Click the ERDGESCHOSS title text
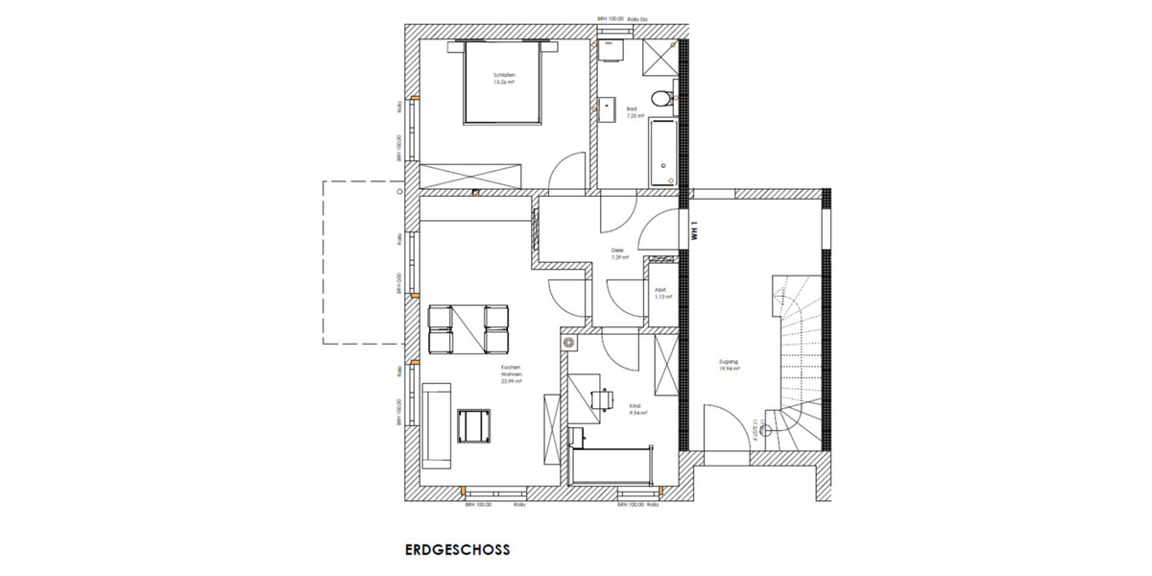pyautogui.click(x=457, y=551)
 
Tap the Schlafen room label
pyautogui.click(x=504, y=77)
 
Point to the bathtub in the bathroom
pyautogui.click(x=662, y=153)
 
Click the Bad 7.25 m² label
pyautogui.click(x=633, y=112)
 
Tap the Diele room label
pyautogui.click(x=620, y=253)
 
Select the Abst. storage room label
pyautogui.click(x=661, y=293)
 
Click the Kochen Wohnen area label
pyautogui.click(x=510, y=374)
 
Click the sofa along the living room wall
pyautogui.click(x=436, y=425)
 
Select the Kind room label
pyautogui.click(x=636, y=409)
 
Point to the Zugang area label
pyautogui.click(x=729, y=366)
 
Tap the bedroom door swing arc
pyautogui.click(x=568, y=174)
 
